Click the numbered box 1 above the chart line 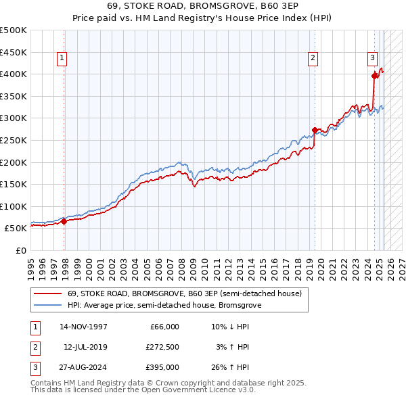coord(62,59)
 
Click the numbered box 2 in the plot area coord(314,59)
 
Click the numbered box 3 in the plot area coord(372,59)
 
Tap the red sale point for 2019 coord(315,130)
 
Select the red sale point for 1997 coord(64,221)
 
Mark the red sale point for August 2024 coord(374,76)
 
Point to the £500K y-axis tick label coord(14,30)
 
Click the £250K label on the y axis coord(14,140)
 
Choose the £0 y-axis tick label coord(20,250)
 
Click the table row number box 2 coord(35,347)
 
